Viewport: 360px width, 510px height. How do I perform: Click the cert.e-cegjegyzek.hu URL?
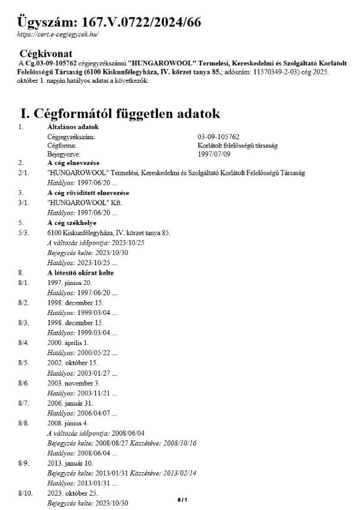59,35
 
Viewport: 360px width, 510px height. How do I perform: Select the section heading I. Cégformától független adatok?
120,113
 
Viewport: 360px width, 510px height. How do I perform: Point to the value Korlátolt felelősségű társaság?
238,145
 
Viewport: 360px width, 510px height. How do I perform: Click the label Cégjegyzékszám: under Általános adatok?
71,137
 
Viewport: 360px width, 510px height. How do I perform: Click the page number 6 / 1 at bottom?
182,499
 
